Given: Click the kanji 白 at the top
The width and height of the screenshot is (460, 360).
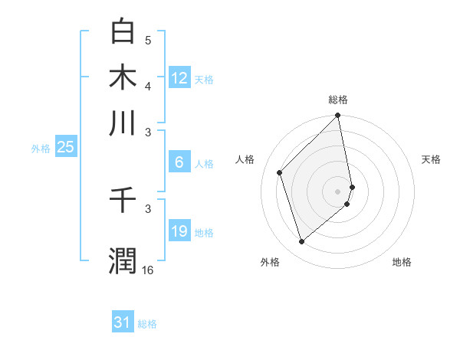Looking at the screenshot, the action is coord(123,31).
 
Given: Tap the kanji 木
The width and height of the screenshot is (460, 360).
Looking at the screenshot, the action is coord(123,77).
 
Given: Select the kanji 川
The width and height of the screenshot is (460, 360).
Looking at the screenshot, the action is coord(123,123).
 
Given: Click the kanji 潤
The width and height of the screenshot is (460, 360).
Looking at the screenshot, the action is coord(123,261).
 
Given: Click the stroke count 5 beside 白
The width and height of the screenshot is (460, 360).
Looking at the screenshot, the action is coord(148,41).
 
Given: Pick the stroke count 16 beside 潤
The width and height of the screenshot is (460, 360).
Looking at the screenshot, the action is coord(147,270).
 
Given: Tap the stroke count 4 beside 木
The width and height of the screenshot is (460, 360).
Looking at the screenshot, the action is coord(148,86).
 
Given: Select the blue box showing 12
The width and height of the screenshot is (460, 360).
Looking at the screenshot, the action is coord(179,78).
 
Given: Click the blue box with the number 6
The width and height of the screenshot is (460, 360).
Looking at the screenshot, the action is coord(179,162).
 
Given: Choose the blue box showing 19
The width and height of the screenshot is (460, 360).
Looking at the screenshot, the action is coord(179,231).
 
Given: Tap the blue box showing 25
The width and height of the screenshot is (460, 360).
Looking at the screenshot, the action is coord(65,147).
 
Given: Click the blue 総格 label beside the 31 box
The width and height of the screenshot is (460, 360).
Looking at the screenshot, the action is coord(147,324).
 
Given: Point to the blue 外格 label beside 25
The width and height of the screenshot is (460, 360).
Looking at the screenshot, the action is coord(40,149).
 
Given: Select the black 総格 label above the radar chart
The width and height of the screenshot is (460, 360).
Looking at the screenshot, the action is coord(338,100).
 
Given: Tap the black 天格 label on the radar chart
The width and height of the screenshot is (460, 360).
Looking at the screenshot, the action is coord(431,159).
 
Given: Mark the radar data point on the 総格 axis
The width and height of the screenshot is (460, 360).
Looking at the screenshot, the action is coord(338,116).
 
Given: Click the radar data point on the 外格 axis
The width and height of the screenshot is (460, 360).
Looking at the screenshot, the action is coord(301,242).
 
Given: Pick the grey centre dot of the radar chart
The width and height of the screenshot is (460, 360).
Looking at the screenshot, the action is coord(338,191).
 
